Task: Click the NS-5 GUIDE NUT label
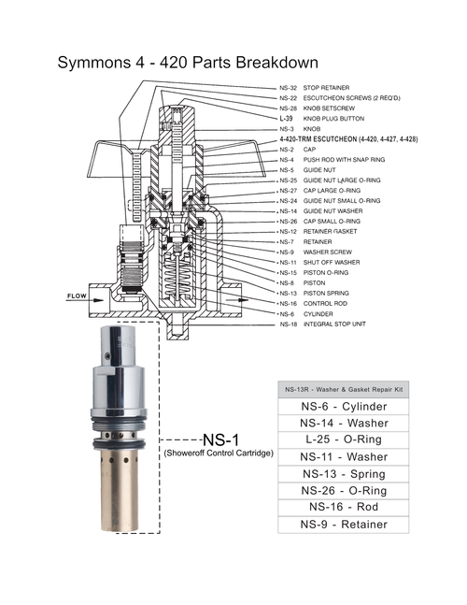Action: (312, 169)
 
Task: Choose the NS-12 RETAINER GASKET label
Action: (328, 231)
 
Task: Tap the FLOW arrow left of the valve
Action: (79, 298)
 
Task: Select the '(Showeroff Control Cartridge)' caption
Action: (219, 454)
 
